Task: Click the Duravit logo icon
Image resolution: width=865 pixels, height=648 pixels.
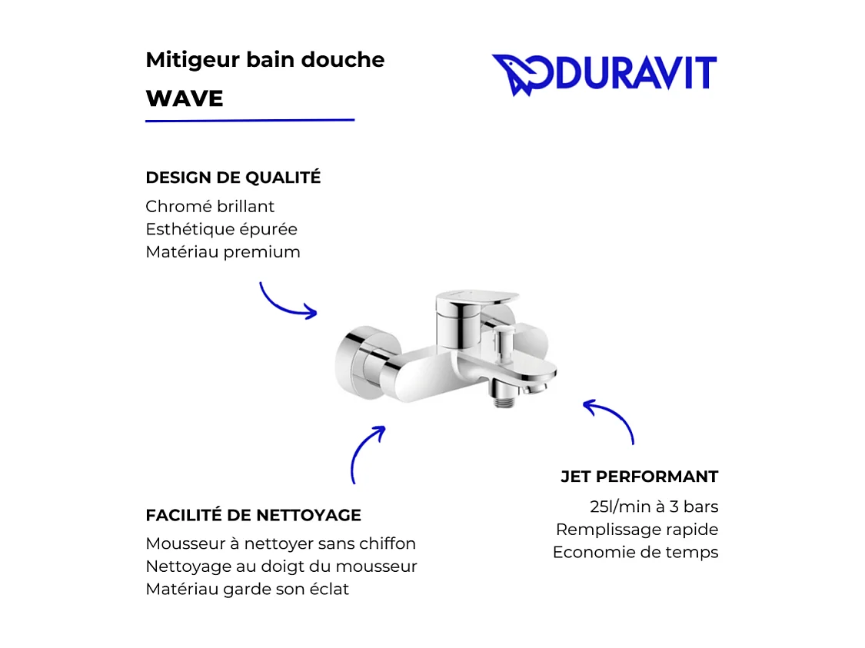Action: click(x=516, y=75)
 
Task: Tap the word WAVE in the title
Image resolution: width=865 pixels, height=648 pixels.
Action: click(x=185, y=98)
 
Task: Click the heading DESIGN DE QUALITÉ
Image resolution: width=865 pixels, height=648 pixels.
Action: click(x=233, y=178)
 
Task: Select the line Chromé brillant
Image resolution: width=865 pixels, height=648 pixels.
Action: click(x=210, y=207)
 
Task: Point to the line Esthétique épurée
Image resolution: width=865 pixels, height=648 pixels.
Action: click(x=221, y=229)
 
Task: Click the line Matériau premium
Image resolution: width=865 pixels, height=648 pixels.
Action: click(x=223, y=252)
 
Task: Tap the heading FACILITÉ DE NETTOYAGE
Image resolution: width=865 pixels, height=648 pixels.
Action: click(x=253, y=515)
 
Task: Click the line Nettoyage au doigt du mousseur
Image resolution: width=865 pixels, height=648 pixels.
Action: click(x=281, y=567)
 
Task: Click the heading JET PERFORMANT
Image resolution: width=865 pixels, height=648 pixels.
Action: click(x=639, y=477)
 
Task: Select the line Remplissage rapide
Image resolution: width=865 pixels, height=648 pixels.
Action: click(x=637, y=530)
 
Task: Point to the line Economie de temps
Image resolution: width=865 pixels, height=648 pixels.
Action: click(x=635, y=552)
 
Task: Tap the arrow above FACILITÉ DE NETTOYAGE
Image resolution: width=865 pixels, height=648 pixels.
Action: click(x=365, y=454)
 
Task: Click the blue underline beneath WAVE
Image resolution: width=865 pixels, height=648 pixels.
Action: click(x=250, y=121)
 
